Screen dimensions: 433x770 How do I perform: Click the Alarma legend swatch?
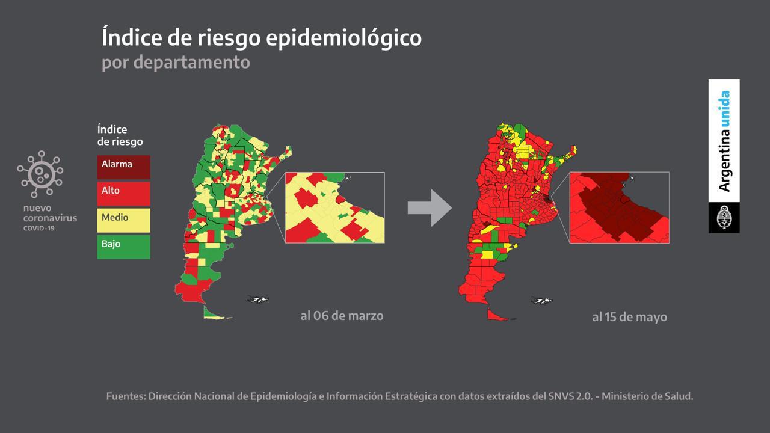pos(123,167)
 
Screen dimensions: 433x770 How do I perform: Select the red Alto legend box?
pos(123,194)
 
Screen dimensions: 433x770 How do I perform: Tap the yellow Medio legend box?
pos(123,220)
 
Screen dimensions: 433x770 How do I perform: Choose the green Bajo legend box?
pos(123,247)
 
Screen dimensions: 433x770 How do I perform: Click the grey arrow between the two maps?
pos(430,208)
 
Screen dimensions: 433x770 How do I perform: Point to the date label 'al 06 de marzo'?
pos(342,315)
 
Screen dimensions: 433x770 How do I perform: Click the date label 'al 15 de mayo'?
pos(629,317)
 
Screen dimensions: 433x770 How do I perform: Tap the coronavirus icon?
pos(40,174)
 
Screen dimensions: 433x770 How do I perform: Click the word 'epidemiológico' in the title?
pos(343,37)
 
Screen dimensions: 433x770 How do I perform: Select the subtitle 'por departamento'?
pos(176,61)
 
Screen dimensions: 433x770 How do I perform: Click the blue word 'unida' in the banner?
pos(724,109)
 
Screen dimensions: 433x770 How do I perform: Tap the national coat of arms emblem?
pos(724,218)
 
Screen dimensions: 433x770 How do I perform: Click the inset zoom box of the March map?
pos(334,207)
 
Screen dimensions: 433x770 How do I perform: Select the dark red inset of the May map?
pos(619,207)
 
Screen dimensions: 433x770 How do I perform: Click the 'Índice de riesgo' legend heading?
pos(120,135)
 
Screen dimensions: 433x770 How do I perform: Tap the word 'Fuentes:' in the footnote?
pos(125,396)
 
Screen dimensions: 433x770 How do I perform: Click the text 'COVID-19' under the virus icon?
pos(39,229)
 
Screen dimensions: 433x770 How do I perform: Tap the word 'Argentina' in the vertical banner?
pos(724,160)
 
